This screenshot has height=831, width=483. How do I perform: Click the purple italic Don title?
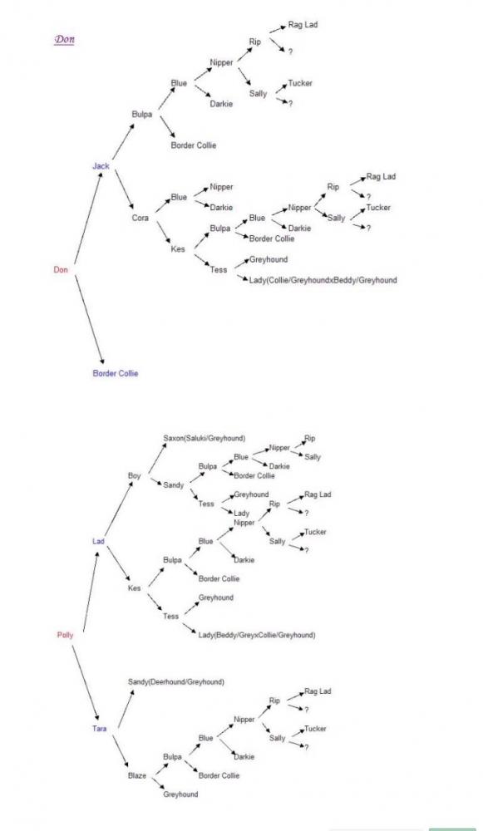pos(64,40)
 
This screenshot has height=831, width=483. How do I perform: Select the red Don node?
pos(61,270)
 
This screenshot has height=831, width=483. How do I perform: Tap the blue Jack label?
pos(101,166)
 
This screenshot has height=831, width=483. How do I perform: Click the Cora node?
pos(140,218)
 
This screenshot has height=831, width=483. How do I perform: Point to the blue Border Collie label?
pos(115,373)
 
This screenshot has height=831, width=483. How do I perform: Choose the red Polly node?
pos(65,635)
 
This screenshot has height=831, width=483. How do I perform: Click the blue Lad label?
pos(98,541)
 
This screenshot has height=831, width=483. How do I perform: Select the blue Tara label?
pos(99,729)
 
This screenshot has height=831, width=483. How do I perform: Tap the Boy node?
pos(134,476)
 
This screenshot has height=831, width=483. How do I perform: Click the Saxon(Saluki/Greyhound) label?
pos(205,438)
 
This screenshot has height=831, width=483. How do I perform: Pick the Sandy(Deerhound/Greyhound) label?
pos(176,681)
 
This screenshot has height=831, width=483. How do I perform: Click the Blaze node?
pos(137,775)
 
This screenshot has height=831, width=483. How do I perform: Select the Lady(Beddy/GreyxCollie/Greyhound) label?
pos(257,634)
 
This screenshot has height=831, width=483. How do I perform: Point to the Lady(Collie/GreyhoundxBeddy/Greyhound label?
pos(323,280)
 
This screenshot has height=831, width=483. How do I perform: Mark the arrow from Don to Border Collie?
pos(89,320)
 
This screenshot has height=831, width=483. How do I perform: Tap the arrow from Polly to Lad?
pos(91,591)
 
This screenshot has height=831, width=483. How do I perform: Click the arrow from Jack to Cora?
pos(125,189)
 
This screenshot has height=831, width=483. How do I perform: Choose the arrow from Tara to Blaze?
pos(121,753)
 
